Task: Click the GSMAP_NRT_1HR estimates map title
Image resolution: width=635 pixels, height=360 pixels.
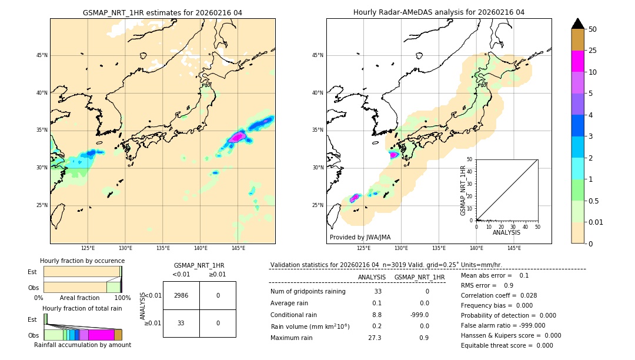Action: coord(162,12)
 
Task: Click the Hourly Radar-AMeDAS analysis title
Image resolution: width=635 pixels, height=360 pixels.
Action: coord(439,12)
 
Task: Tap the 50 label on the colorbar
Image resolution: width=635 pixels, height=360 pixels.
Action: coord(593,29)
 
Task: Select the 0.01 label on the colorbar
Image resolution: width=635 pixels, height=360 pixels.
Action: coord(595,222)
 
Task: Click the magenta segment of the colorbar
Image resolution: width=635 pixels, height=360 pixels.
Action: coord(577,61)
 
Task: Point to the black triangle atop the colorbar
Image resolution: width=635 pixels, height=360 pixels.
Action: coord(577,24)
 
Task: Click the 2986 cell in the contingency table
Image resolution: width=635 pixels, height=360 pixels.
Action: coord(181,295)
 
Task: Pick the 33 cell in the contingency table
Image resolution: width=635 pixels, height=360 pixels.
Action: coord(181,323)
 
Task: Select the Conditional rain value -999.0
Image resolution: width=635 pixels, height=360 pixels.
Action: coord(419,315)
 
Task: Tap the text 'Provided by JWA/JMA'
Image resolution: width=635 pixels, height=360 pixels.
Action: coord(360,237)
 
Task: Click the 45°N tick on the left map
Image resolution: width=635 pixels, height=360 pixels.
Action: coord(42,55)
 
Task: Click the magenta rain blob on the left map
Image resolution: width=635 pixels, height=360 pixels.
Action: coord(237,137)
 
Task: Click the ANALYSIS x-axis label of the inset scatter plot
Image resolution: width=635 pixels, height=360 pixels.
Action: coord(506,232)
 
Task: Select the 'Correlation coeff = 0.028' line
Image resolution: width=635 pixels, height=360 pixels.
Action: coord(499,295)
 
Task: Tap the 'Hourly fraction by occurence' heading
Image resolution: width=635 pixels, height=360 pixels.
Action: coord(82,261)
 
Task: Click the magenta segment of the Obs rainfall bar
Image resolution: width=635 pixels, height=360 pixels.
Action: coord(101,335)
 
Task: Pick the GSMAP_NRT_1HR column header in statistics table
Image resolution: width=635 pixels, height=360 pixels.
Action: coord(419,277)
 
